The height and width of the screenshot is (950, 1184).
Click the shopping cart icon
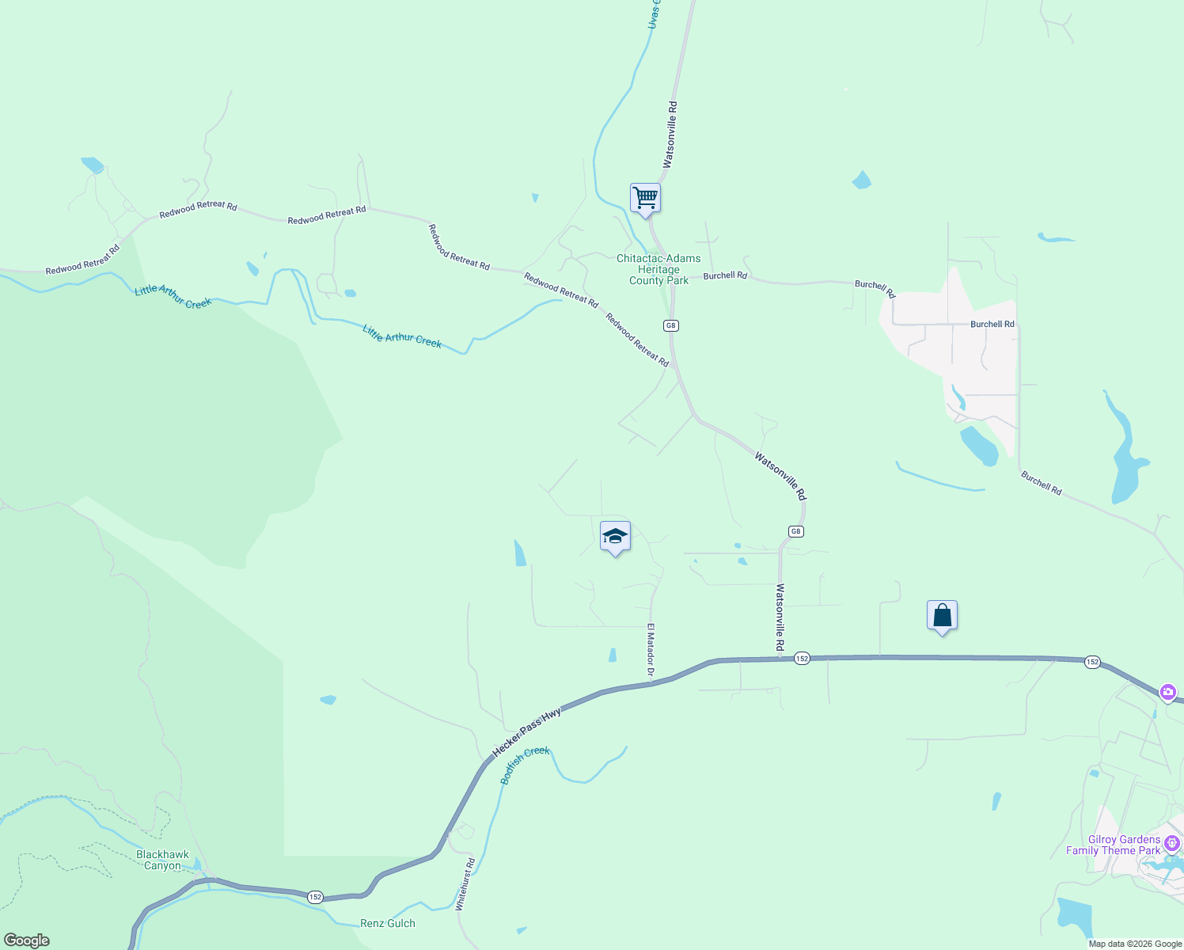(645, 198)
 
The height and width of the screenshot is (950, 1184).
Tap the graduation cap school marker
(615, 537)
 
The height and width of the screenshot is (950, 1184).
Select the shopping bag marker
(942, 615)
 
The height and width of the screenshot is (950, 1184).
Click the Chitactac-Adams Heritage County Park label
(658, 269)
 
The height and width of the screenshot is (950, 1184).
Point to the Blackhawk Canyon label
(162, 860)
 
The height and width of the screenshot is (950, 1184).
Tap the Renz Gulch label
(387, 923)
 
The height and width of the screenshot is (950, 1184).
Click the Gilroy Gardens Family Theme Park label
(1113, 845)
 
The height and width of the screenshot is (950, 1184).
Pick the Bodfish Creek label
(525, 765)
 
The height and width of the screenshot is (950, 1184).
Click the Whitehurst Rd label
(465, 884)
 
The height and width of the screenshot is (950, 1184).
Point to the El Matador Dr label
(651, 652)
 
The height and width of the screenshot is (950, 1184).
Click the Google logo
(26, 940)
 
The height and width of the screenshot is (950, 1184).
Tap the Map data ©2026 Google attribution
(1135, 944)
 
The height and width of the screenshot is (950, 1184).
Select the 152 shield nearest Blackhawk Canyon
(316, 896)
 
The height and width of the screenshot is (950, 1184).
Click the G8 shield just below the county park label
(671, 325)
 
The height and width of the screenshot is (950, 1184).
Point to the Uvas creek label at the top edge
(654, 14)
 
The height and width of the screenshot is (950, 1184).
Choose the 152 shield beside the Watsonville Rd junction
(802, 659)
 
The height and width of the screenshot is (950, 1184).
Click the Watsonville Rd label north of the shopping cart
(670, 135)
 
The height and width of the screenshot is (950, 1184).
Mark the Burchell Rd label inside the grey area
(992, 324)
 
